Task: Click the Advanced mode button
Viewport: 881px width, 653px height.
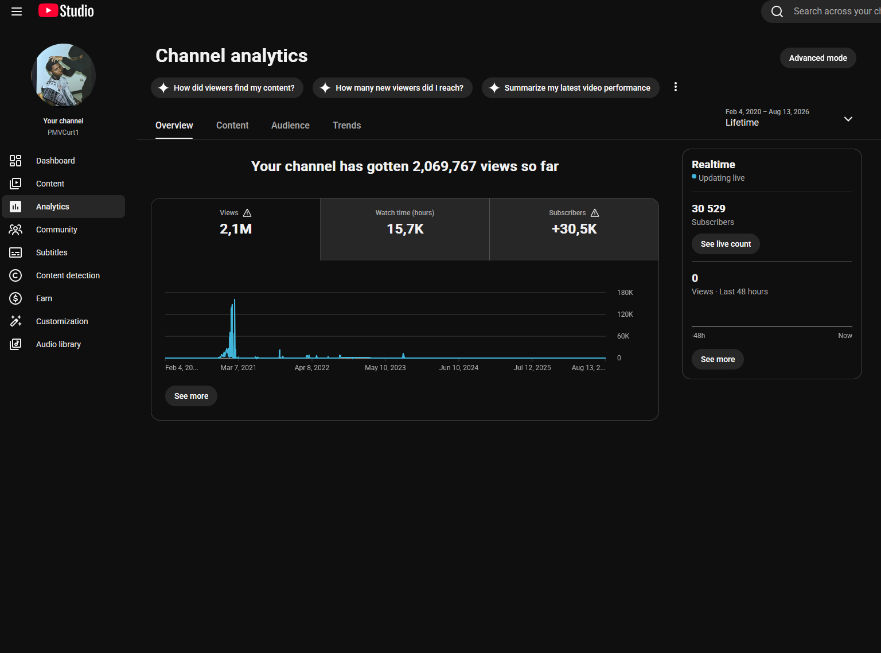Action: click(x=817, y=58)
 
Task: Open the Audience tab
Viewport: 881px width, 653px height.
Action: click(x=290, y=126)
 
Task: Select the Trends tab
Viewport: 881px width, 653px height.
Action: click(x=347, y=126)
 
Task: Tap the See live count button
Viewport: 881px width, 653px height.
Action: click(x=726, y=244)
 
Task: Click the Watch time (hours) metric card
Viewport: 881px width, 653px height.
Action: click(x=405, y=230)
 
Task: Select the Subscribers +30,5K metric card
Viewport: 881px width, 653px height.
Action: click(x=574, y=230)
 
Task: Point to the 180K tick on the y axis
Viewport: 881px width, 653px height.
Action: click(x=625, y=293)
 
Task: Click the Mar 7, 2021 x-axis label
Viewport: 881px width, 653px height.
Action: click(x=239, y=368)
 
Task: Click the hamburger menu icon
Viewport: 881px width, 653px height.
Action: click(x=17, y=11)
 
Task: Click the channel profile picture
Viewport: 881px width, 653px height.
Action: click(x=64, y=76)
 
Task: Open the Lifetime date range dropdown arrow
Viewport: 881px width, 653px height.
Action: click(x=848, y=119)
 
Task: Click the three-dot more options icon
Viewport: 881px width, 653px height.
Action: click(x=675, y=87)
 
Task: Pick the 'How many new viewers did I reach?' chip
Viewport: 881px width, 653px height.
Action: click(x=392, y=88)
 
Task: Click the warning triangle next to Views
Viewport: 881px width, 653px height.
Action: click(x=247, y=213)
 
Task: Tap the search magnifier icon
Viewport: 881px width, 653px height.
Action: click(x=777, y=11)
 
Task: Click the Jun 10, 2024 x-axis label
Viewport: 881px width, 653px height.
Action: click(x=458, y=368)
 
